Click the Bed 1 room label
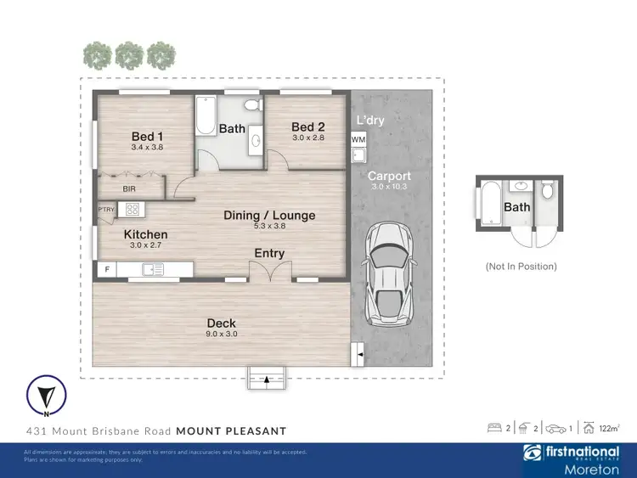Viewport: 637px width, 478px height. point(146,136)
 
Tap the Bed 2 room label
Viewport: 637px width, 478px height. point(308,127)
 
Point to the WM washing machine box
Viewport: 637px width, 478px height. point(358,139)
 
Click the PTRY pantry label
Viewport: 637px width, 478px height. point(106,209)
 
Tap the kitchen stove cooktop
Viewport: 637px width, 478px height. point(132,209)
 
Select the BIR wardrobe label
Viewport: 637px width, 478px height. point(129,188)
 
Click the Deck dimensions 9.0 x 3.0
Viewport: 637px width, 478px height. point(221,334)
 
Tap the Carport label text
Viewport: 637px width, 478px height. point(389,177)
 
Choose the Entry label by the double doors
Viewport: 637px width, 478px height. point(269,253)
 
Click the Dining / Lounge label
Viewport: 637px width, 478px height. point(269,215)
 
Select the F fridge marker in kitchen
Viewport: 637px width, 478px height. point(107,270)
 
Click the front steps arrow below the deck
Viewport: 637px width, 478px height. point(268,378)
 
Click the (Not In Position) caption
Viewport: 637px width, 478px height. point(521,266)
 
